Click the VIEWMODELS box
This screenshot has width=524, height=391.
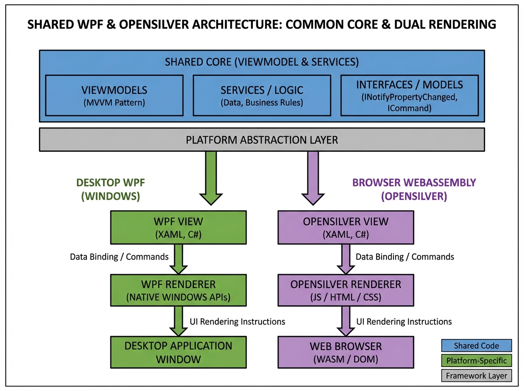[114, 96]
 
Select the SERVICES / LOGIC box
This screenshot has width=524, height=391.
[262, 96]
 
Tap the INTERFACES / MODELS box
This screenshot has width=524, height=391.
[409, 96]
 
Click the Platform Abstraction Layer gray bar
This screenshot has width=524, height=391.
[262, 140]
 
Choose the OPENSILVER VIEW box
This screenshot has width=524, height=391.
[345, 227]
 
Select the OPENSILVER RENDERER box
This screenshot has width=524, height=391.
[345, 291]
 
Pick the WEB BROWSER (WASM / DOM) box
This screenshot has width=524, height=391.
[345, 352]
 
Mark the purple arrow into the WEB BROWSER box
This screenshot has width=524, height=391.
[345, 321]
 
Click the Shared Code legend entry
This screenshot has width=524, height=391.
[476, 346]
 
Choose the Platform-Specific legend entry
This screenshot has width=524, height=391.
[476, 360]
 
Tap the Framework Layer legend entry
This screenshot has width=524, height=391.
[476, 375]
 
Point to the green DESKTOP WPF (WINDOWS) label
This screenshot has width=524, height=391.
[110, 189]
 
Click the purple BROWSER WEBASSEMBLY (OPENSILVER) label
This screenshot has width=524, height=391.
[414, 189]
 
